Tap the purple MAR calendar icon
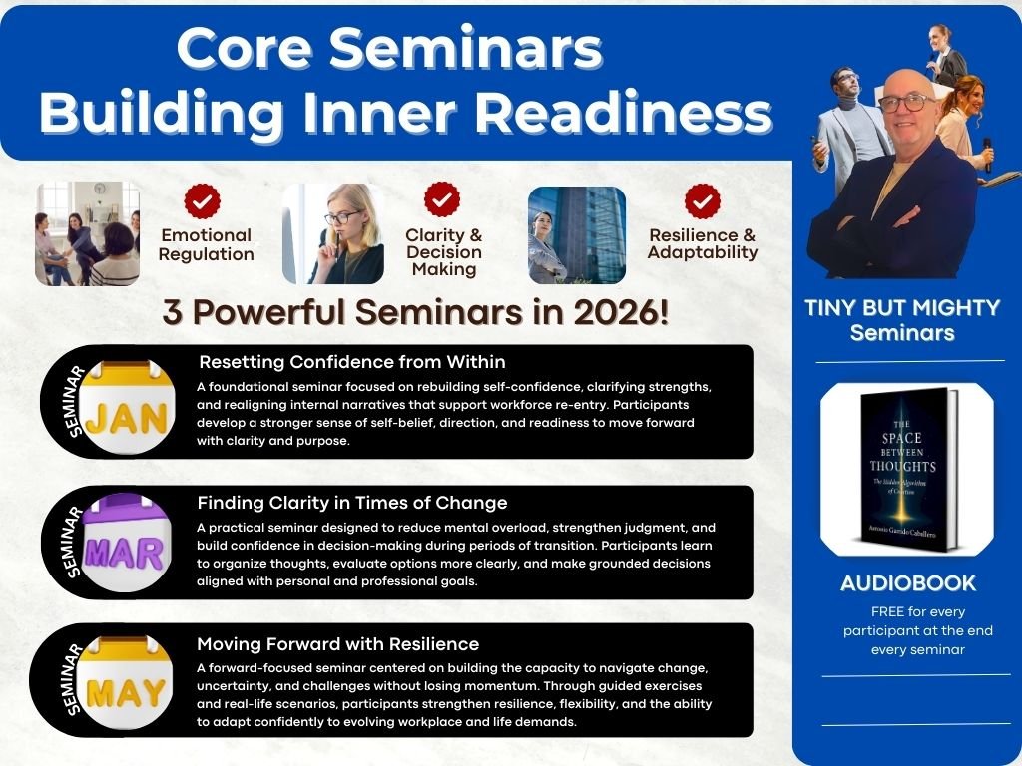125,543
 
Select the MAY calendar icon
125,682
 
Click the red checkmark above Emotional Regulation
202,200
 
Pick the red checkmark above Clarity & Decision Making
442,199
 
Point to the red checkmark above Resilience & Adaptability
702,201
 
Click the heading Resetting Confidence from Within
352,362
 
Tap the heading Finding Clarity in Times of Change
352,503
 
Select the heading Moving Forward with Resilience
337,644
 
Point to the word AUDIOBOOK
908,582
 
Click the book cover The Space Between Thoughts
908,469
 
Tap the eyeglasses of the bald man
906,103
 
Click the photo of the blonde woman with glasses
333,233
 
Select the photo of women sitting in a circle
88,233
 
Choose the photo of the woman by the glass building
577,235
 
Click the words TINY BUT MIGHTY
902,307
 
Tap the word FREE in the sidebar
887,612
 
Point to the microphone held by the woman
987,153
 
